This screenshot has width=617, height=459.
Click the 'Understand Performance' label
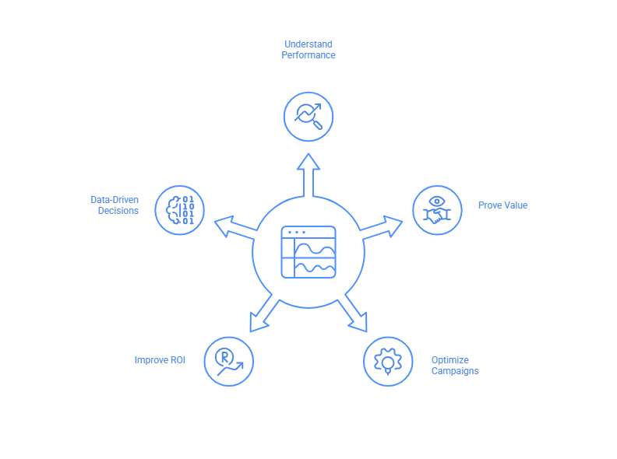[308, 50]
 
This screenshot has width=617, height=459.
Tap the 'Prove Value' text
[502, 205]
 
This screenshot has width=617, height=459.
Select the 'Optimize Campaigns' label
[455, 366]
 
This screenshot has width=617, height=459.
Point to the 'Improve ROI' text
[160, 360]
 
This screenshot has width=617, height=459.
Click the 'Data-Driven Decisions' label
[115, 205]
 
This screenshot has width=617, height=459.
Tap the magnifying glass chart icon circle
[308, 117]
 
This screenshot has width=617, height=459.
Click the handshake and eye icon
[437, 210]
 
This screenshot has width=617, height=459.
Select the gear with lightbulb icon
[388, 361]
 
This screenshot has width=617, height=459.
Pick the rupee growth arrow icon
[229, 361]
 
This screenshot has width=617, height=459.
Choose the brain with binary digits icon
[180, 210]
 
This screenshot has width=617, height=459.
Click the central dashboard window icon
[308, 252]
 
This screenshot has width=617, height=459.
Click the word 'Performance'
[308, 55]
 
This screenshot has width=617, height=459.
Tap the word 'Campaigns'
[455, 371]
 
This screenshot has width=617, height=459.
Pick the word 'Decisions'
[118, 211]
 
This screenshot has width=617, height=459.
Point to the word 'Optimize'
[450, 360]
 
